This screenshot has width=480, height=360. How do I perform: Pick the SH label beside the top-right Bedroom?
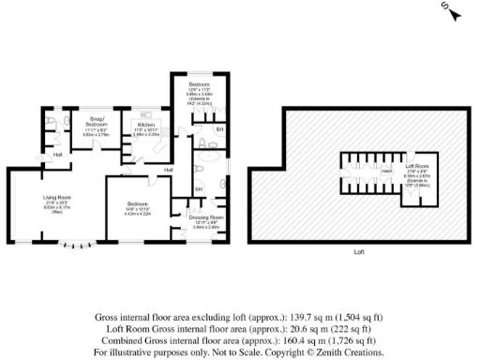pos(219,128)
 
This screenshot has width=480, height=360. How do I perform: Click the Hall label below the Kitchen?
pos(169,170)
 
